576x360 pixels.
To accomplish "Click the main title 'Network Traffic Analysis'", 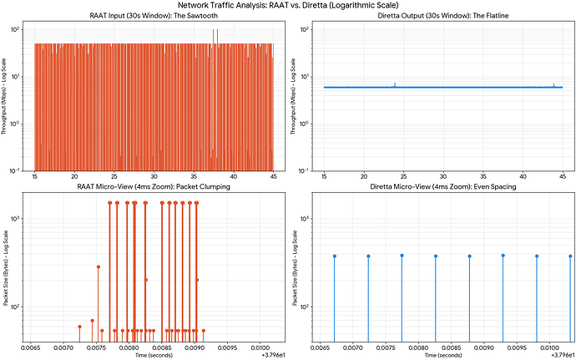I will pos(288,5).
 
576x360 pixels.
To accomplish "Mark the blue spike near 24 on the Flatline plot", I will pos(395,84).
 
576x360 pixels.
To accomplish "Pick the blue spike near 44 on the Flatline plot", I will pos(553,84).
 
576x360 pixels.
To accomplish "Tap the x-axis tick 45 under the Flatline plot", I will pos(563,178).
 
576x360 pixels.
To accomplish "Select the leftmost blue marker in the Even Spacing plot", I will pos(334,256).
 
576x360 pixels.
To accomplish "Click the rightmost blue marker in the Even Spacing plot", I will pos(570,256).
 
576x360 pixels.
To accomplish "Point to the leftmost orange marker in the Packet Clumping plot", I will pos(80,327).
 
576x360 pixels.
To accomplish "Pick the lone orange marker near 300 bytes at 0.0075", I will pos(99,267).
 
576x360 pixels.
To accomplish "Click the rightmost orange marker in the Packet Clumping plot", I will pos(203,331).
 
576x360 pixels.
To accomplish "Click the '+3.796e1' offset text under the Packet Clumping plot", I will pos(274,354).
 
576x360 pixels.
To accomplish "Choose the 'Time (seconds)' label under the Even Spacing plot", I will pos(442,354).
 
